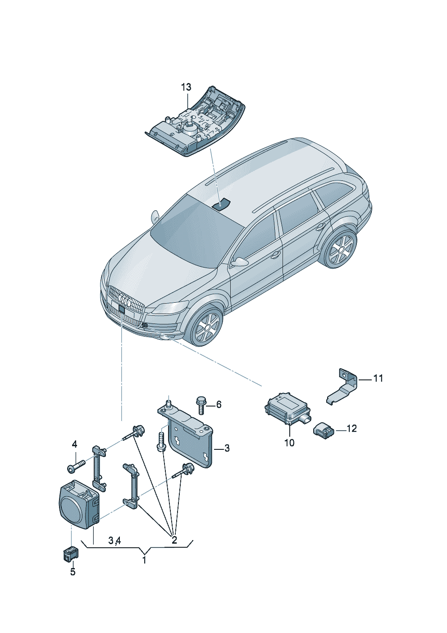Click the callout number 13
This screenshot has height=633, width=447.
pyautogui.click(x=187, y=87)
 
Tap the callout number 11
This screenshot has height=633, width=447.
pyautogui.click(x=378, y=379)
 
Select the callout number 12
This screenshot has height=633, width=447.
pyautogui.click(x=351, y=429)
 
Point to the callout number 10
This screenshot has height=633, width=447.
pyautogui.click(x=289, y=443)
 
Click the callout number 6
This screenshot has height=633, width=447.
pyautogui.click(x=219, y=404)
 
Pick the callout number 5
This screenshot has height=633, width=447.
pyautogui.click(x=73, y=572)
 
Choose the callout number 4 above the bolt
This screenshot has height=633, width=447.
pyautogui.click(x=75, y=444)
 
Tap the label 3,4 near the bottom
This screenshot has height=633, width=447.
pyautogui.click(x=114, y=540)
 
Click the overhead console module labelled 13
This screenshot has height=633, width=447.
pyautogui.click(x=196, y=124)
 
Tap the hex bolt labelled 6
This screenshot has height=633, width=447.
pyautogui.click(x=200, y=404)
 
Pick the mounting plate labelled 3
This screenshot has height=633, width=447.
pyautogui.click(x=189, y=440)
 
